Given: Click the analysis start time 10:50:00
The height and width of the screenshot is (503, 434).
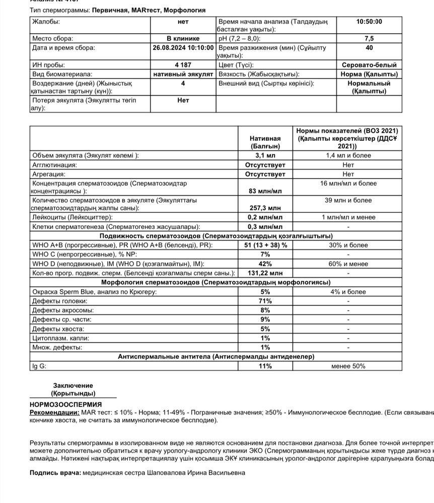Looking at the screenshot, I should [x=369, y=22].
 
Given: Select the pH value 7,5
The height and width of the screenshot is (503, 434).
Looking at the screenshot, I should [x=369, y=38].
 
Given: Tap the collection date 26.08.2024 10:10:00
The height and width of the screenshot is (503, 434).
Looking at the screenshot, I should [x=183, y=48].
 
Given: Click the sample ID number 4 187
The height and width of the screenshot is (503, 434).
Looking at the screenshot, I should [x=183, y=65].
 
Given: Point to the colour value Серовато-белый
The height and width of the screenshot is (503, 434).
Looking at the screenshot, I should [x=369, y=65].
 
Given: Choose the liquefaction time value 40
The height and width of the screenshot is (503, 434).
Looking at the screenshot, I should [x=369, y=48].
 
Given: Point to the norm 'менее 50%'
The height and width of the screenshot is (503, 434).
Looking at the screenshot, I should [x=348, y=366].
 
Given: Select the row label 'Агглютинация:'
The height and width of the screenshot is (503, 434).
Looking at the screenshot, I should [x=54, y=164].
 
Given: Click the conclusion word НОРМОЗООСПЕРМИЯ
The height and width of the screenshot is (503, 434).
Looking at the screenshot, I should [x=65, y=404].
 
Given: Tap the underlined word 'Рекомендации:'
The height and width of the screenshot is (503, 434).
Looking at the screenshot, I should [x=54, y=412].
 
